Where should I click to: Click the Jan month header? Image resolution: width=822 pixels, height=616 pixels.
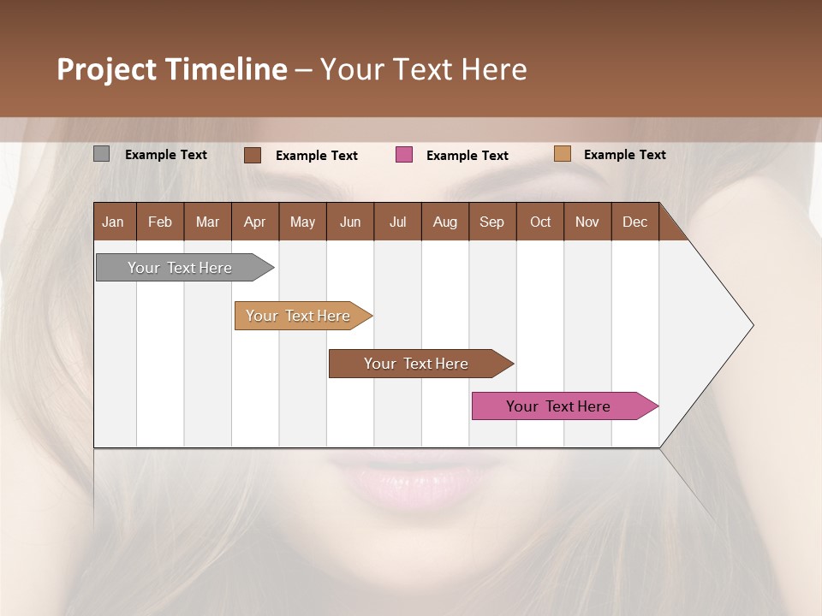114,222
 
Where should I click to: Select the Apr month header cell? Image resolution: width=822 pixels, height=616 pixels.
255,222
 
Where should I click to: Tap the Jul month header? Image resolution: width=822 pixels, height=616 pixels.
397,222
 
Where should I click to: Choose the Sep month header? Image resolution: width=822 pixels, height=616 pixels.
491,222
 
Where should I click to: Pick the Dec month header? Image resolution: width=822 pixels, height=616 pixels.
634,222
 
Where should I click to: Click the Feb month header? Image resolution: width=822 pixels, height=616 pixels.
160,222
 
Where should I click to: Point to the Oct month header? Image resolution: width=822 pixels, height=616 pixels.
540,222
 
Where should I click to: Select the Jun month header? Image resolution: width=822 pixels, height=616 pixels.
350,222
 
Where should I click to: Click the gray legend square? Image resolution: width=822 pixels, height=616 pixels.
101,154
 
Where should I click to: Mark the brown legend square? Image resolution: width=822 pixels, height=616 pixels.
253,155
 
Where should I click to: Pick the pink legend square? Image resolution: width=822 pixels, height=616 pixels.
404,155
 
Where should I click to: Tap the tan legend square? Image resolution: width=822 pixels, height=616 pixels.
562,154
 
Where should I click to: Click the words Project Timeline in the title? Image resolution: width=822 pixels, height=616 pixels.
172,69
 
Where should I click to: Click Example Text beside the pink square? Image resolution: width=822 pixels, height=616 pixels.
468,156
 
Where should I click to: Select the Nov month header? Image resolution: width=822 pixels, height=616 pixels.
587,222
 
